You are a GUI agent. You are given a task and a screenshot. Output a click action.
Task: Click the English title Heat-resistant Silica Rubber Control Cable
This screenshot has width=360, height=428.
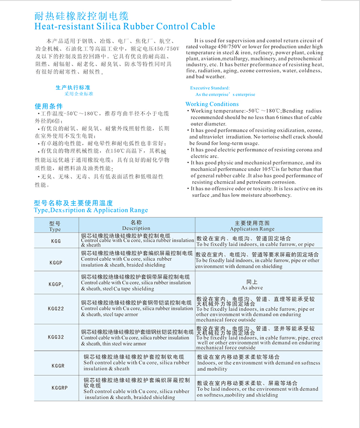pos(125,27)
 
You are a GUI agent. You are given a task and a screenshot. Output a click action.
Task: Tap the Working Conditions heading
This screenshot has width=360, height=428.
pos(212,104)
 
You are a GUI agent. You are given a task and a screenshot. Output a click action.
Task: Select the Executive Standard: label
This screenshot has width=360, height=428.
pos(210,88)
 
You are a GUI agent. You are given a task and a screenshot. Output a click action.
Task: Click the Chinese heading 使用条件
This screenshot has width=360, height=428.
pos(49,106)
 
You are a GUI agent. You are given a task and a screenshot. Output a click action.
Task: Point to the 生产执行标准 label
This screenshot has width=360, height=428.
pos(72,88)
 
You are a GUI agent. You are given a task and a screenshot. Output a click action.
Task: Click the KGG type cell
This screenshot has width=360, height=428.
pos(56,241)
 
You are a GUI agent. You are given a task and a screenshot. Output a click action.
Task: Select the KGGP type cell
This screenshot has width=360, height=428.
pos(56,263)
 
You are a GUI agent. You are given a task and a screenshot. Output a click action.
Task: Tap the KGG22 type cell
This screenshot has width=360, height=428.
pos(56,309)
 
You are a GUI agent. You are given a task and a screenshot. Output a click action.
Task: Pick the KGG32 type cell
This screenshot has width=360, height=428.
pos(56,337)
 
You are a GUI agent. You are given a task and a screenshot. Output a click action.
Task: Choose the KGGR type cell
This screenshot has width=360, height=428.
pos(58,366)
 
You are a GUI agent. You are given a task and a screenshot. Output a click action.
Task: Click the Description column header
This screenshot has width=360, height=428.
pos(136,225)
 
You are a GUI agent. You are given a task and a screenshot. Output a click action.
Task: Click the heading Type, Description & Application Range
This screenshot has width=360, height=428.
pos(91,210)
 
